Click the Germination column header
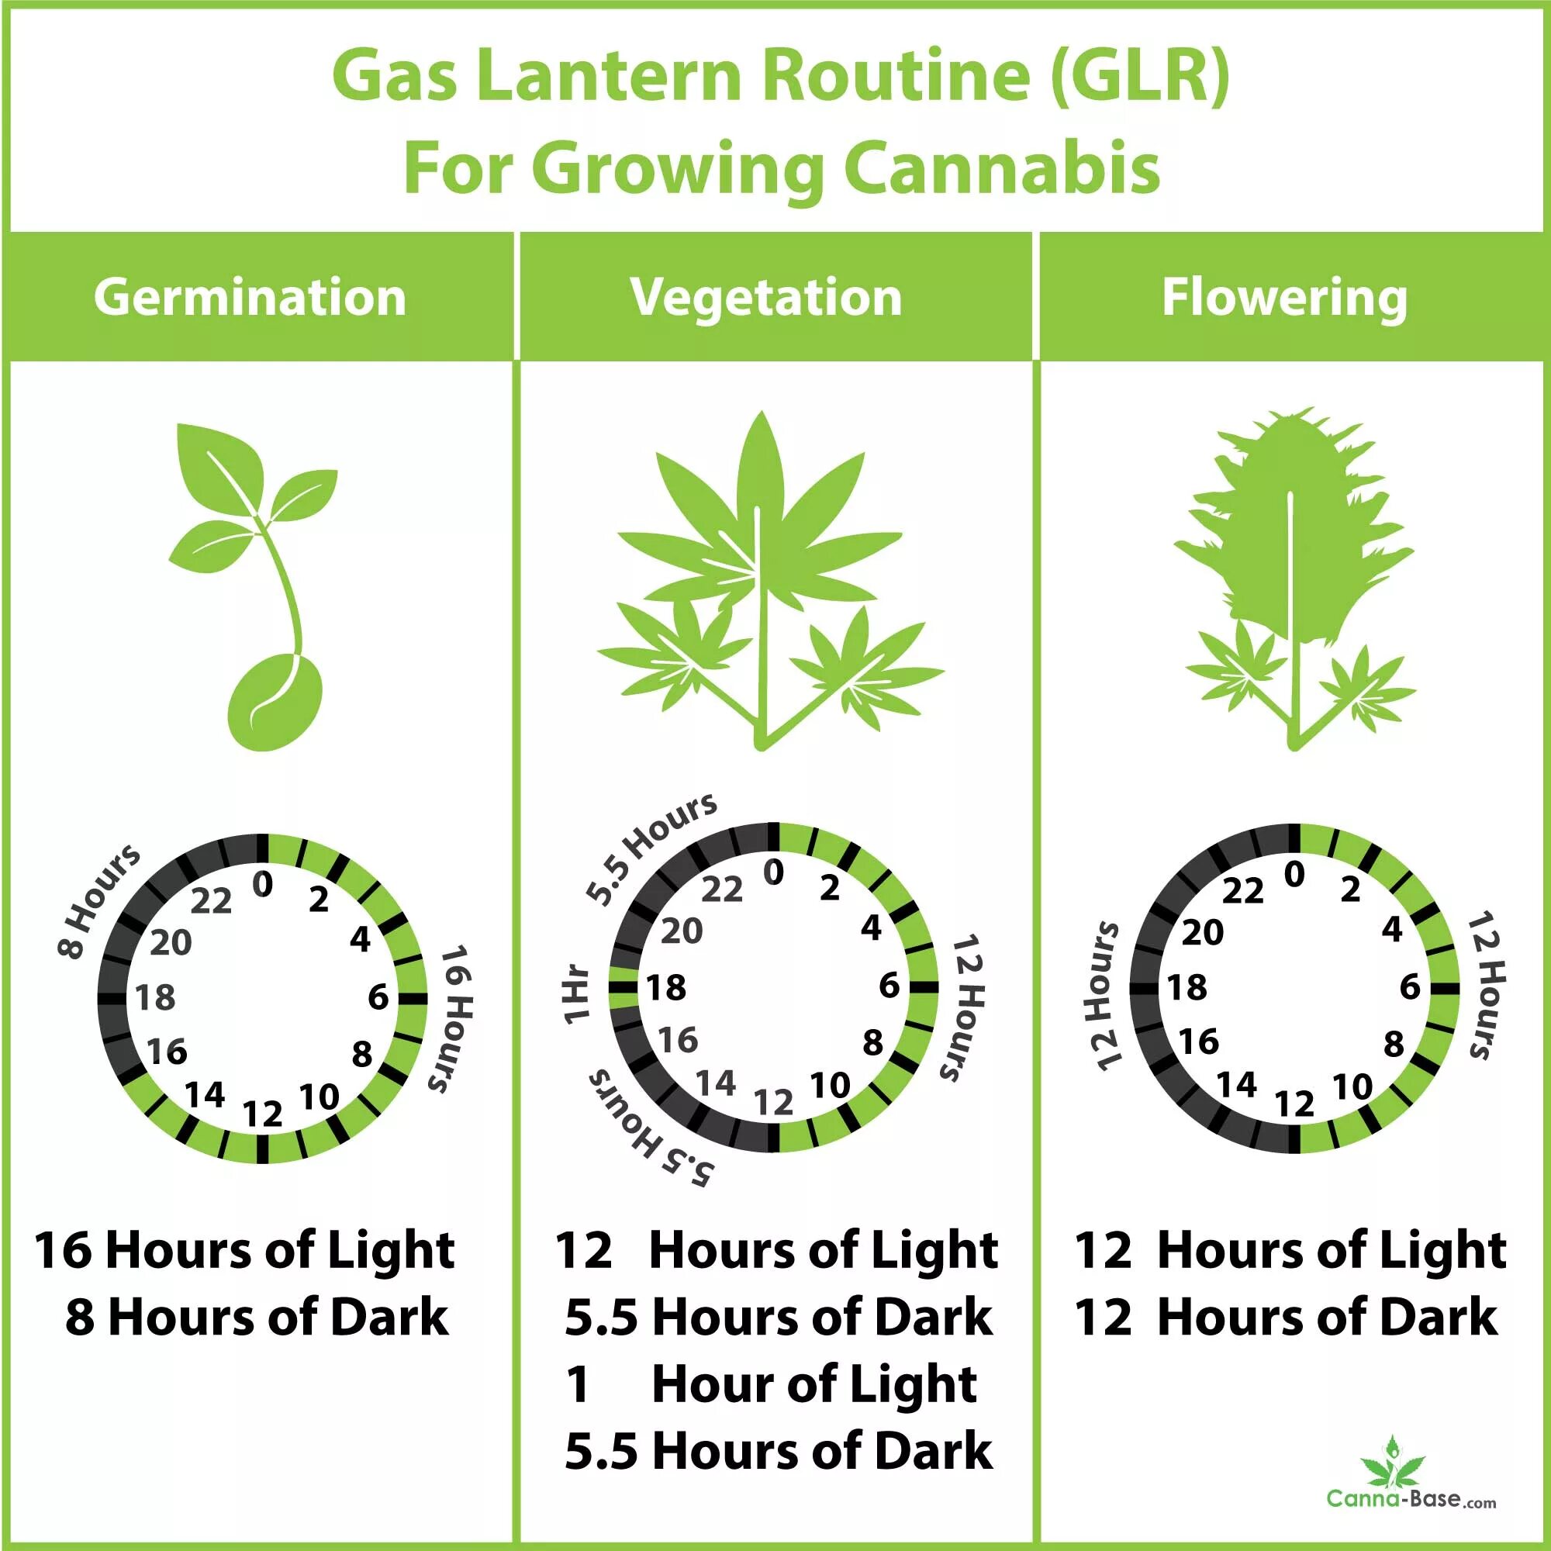point(250,298)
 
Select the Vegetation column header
point(766,298)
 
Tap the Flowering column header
point(1283,298)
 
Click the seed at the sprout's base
point(275,701)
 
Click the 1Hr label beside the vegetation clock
point(576,997)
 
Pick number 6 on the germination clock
point(378,997)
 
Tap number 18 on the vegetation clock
point(666,988)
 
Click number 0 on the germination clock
point(263,885)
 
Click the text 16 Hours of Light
point(245,1250)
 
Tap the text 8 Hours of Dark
point(257,1318)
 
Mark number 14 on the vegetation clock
point(715,1083)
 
